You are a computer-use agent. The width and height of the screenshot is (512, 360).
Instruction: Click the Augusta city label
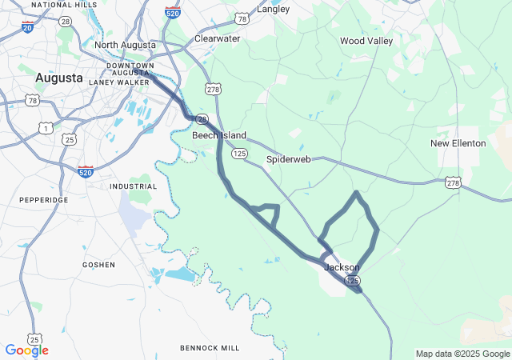point(58,78)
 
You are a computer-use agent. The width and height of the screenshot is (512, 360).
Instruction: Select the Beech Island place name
point(218,135)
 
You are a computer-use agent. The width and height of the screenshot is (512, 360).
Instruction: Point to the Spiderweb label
point(288,159)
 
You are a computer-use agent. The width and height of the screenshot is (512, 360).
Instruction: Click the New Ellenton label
point(458,143)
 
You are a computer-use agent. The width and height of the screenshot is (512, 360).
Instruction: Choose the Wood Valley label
point(366,40)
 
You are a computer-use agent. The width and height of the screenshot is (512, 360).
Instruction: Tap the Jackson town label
point(342,267)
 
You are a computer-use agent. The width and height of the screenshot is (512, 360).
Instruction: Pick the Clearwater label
point(218,38)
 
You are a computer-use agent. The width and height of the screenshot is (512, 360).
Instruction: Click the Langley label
point(273,10)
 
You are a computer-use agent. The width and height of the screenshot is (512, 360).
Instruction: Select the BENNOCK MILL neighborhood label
point(210,348)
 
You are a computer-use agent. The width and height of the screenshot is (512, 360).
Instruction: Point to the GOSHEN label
point(98,264)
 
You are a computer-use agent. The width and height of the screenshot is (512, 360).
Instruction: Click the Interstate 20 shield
point(29,27)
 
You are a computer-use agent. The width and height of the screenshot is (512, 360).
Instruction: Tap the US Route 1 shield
point(47,127)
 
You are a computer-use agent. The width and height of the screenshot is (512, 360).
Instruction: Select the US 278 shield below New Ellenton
point(454,183)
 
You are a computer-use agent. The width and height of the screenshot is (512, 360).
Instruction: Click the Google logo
point(26,350)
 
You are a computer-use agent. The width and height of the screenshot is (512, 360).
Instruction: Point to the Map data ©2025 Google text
point(462,354)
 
